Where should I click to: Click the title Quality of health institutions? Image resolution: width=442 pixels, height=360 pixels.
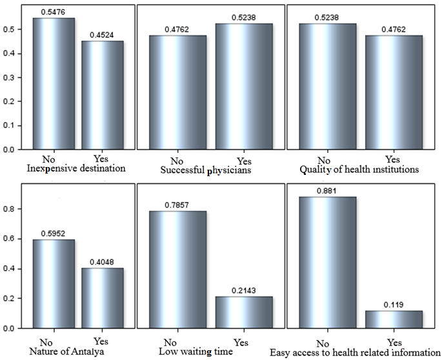point(359,170)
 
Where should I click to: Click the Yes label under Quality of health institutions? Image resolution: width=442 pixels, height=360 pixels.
point(392,159)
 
